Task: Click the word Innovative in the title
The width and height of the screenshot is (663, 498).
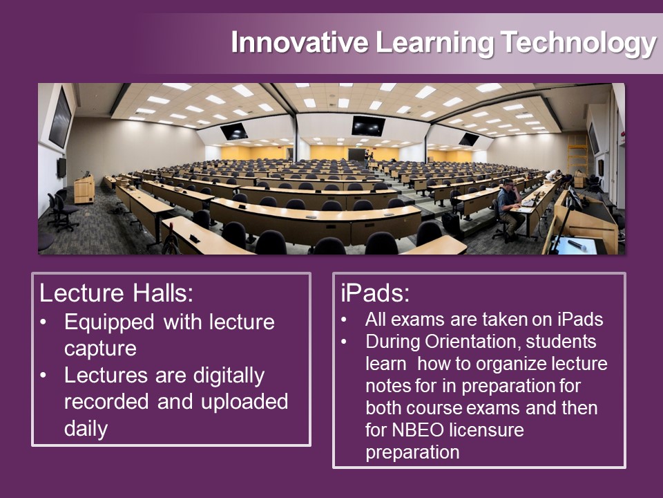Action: pyautogui.click(x=299, y=42)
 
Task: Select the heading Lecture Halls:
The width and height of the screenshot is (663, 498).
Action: pyautogui.click(x=116, y=293)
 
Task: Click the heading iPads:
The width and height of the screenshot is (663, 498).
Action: pyautogui.click(x=375, y=293)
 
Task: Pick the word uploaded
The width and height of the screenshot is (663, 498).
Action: pyautogui.click(x=244, y=401)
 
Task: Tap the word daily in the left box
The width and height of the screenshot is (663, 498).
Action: pyautogui.click(x=86, y=428)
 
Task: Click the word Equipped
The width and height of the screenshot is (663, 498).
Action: pyautogui.click(x=109, y=323)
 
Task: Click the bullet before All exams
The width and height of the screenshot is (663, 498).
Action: pyautogui.click(x=344, y=319)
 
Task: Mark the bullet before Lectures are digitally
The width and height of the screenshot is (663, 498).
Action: pyautogui.click(x=43, y=375)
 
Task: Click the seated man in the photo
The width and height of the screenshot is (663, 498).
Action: pyautogui.click(x=509, y=207)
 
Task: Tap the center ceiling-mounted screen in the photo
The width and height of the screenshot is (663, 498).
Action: pyautogui.click(x=368, y=125)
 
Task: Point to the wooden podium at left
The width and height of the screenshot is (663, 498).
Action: pyautogui.click(x=84, y=189)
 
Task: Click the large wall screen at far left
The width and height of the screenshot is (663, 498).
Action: pyautogui.click(x=60, y=118)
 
